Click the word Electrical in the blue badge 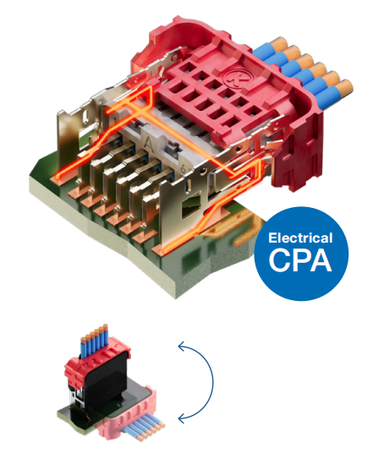(x=300, y=238)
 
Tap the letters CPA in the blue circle (x=300, y=260)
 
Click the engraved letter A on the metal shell (x=149, y=143)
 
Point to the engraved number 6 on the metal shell (x=184, y=170)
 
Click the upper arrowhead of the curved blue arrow (x=182, y=347)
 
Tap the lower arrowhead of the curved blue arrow (x=182, y=418)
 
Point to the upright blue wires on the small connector (x=95, y=340)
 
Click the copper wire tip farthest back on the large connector (x=278, y=43)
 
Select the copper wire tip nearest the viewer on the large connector (x=344, y=88)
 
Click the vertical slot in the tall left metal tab (x=85, y=117)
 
